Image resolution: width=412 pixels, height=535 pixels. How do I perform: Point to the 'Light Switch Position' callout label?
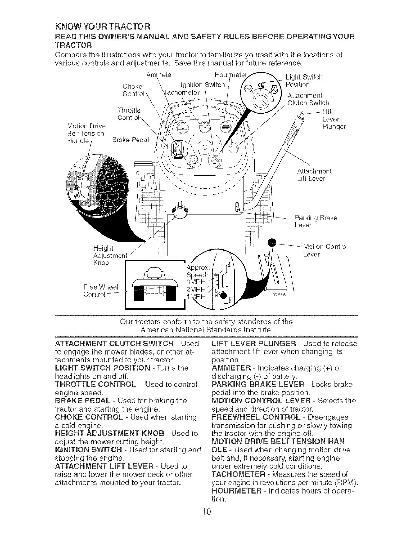[304, 81]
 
